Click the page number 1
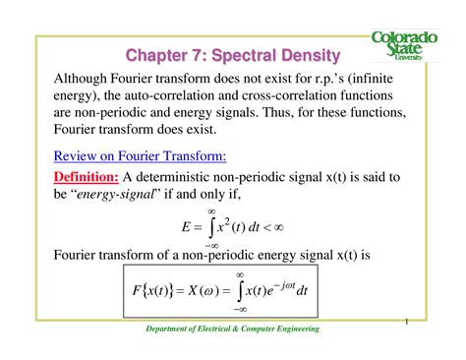coord(405,321)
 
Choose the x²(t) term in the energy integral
coord(244,225)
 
